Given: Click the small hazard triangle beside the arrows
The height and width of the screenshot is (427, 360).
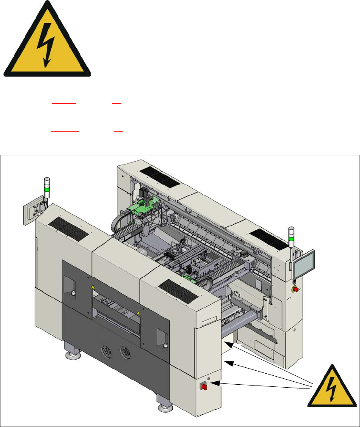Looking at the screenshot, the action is [x=331, y=386].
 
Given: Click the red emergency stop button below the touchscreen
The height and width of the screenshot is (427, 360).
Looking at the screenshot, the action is [x=296, y=289].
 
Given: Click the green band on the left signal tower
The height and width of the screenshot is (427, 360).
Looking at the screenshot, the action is [x=47, y=190].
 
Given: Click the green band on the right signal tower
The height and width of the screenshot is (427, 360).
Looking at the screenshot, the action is [x=291, y=238].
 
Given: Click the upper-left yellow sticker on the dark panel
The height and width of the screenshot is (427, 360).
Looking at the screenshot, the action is [x=93, y=287].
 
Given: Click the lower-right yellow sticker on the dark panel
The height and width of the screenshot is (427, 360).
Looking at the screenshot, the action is [x=138, y=313].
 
